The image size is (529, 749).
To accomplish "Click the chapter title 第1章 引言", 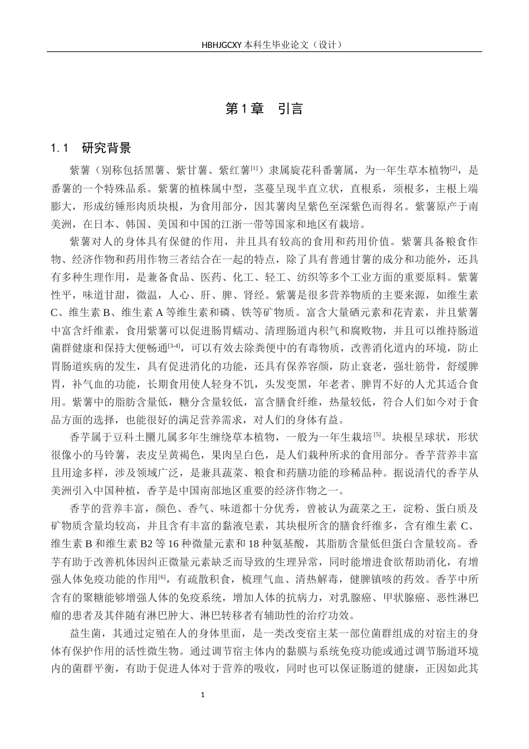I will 264,109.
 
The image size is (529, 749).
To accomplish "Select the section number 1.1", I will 59,148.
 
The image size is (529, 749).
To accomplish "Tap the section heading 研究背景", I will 106,148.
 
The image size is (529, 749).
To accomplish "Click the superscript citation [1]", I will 253,167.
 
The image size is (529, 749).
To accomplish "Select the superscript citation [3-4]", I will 174,346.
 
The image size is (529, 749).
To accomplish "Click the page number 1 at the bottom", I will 203,695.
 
